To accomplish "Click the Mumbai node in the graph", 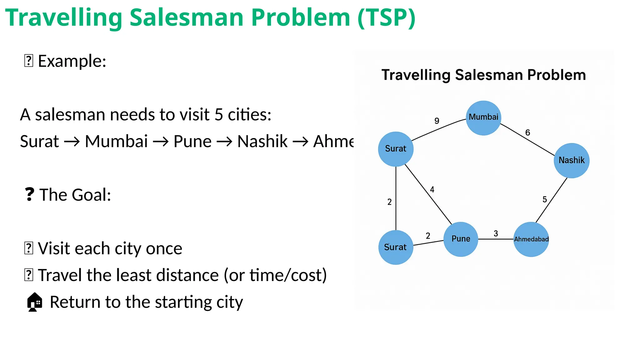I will coord(483,118).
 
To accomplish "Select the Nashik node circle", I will coord(572,161).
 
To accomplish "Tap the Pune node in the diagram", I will coord(461,239).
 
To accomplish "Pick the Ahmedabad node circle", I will coord(531,239).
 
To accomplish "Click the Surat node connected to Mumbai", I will coord(396,149).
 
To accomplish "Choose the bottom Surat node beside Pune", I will coord(396,247).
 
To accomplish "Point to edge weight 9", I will coord(437,121).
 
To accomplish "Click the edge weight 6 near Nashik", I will coord(527,132).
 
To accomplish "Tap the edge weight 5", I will coord(545,199).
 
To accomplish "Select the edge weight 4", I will coord(432,189).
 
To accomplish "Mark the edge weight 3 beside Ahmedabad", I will coord(496,233).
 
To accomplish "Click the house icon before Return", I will coord(34,302).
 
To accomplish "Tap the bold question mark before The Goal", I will coord(29,194).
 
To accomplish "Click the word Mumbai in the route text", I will coord(116,141).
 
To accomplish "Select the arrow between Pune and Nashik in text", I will coord(224,142).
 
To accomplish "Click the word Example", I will coord(72,61).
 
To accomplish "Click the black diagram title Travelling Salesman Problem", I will coord(483,75).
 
